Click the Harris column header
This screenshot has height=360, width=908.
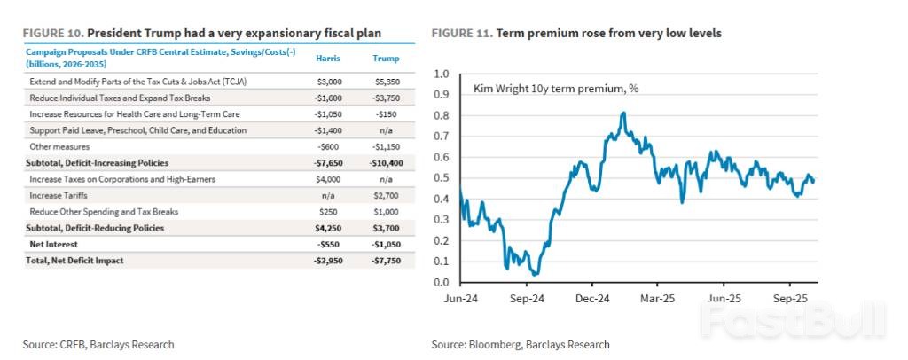click(329, 58)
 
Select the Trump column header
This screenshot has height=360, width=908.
click(383, 58)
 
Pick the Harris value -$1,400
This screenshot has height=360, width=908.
click(329, 130)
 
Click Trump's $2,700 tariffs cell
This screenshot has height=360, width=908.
click(383, 195)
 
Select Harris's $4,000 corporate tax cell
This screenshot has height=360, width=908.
click(329, 179)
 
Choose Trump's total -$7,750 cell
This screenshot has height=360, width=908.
click(383, 260)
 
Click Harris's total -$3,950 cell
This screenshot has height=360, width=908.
click(329, 260)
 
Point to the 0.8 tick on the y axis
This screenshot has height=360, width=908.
click(442, 115)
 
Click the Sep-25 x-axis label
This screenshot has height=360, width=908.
click(789, 299)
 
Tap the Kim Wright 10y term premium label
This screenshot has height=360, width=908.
click(556, 90)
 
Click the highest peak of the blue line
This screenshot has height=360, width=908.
click(623, 113)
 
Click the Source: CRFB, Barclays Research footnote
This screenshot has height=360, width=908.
click(98, 344)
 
